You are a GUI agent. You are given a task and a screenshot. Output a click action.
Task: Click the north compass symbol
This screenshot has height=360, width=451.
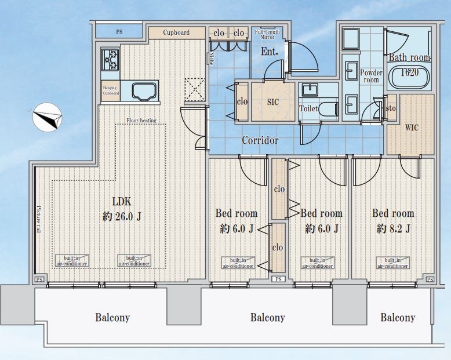click(47, 117)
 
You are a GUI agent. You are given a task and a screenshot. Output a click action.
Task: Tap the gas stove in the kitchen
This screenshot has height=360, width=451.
click(110, 60)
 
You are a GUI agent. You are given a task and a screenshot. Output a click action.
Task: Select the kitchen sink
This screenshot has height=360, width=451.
click(145, 91)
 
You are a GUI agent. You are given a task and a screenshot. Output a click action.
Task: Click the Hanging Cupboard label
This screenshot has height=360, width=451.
click(111, 90)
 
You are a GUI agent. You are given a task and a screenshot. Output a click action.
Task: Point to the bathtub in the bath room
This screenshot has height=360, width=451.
click(409, 77)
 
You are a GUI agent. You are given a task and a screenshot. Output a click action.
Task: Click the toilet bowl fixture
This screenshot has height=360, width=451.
click(329, 108)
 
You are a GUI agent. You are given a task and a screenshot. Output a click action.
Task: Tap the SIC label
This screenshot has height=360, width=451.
click(272, 102)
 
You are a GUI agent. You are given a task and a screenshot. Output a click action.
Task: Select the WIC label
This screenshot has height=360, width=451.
click(412, 128)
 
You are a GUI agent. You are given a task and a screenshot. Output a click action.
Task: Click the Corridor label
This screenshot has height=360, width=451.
click(260, 140)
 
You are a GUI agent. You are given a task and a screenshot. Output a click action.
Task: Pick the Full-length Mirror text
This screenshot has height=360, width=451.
click(267, 34)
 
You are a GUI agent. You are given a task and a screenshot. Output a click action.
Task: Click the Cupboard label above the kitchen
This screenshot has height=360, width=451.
click(176, 32)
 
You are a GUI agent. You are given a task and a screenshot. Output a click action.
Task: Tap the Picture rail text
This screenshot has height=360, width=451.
click(38, 219)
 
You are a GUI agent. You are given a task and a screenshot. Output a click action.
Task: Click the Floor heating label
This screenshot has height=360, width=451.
click(141, 121)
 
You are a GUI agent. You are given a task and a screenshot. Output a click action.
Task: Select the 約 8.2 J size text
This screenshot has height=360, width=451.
click(393, 228)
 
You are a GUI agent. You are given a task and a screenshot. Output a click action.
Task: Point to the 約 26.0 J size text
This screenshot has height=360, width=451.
click(122, 216)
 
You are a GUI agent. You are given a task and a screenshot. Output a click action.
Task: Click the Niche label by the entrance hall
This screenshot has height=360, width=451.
click(212, 59)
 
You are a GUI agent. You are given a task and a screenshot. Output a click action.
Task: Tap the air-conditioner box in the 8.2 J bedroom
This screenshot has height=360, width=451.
click(392, 263)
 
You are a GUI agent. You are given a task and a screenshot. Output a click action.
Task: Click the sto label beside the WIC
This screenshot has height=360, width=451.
click(391, 108)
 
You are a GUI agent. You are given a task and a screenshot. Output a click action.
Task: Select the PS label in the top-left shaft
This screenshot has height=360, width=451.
click(119, 32)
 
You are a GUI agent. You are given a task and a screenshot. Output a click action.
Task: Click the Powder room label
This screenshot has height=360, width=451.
click(371, 76)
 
